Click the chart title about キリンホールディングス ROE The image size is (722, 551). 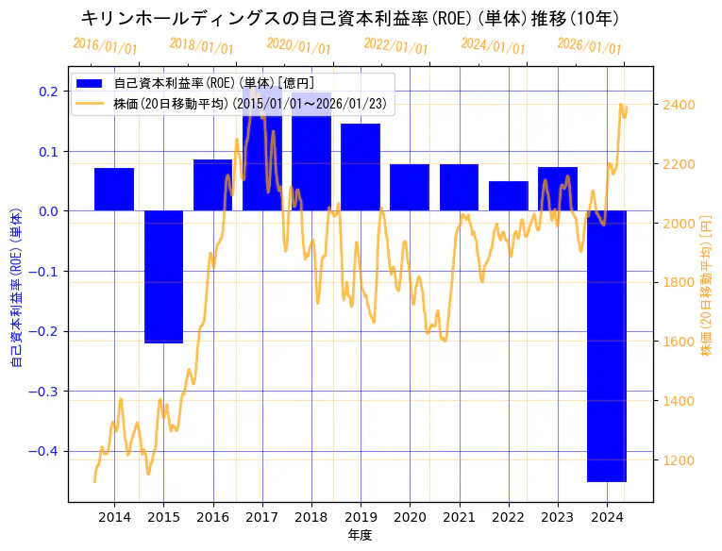pyautogui.click(x=351, y=19)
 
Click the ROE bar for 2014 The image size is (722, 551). pyautogui.click(x=114, y=189)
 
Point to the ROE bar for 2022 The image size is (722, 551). pyautogui.click(x=509, y=195)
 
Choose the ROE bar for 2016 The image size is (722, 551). pyautogui.click(x=212, y=185)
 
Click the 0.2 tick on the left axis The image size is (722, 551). pyautogui.click(x=47, y=91)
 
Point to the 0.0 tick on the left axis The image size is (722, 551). pyautogui.click(x=47, y=210)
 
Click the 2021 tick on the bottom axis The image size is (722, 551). pyautogui.click(x=459, y=517)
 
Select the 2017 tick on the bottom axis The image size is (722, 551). pyautogui.click(x=261, y=517)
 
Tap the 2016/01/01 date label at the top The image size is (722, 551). pyautogui.click(x=105, y=46)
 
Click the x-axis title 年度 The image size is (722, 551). pyautogui.click(x=361, y=535)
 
